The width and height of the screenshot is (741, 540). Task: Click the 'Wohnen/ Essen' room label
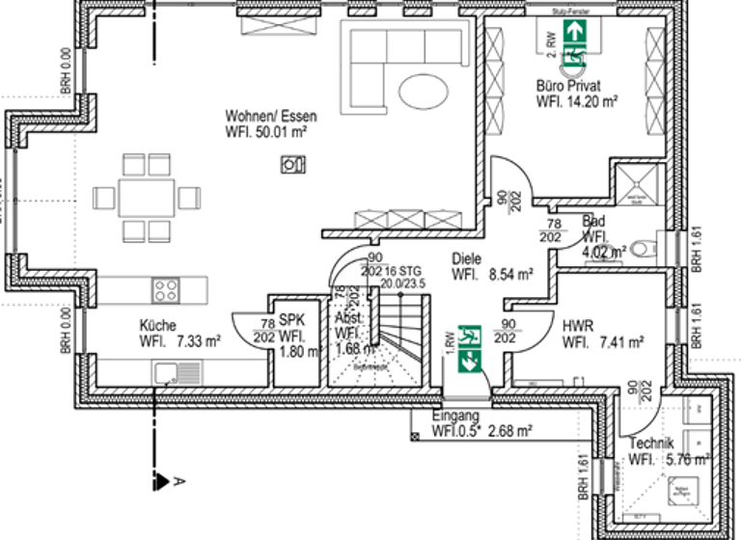pos(270,116)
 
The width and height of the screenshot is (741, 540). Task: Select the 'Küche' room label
pos(158,326)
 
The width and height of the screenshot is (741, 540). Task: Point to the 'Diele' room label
pos(468,259)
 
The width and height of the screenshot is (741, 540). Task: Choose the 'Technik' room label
pos(651,444)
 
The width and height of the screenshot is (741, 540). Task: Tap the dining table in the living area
pos(146,198)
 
